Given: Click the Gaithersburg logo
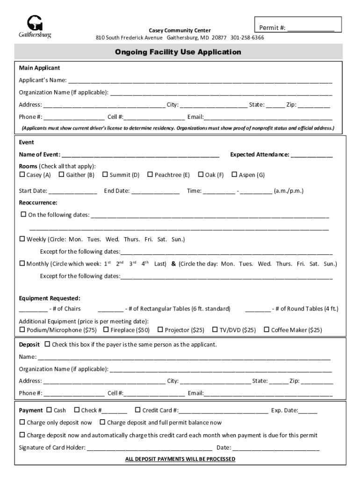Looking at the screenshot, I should click(35, 27).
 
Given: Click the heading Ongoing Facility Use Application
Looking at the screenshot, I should click(178, 52).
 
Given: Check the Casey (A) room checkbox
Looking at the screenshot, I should click(22, 174).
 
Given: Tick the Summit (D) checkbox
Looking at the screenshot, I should click(105, 174).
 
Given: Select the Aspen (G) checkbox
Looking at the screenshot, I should click(234, 174).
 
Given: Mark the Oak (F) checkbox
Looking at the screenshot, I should click(201, 174).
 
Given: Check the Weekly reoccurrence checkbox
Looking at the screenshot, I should click(22, 239).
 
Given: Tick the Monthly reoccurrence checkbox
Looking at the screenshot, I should click(22, 263).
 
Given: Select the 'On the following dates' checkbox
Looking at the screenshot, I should click(23, 215).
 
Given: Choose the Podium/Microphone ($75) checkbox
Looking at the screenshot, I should click(22, 330).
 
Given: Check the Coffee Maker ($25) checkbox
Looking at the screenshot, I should click(266, 330).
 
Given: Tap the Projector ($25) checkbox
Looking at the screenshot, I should click(160, 330).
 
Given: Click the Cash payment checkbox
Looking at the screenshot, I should click(49, 410).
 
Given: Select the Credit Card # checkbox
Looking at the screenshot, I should click(138, 410).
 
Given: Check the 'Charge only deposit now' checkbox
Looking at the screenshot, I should click(22, 422).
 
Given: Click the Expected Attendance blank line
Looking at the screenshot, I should click(312, 155).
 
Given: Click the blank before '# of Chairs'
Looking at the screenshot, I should click(33, 309).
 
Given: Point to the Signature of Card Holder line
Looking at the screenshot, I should click(150, 448).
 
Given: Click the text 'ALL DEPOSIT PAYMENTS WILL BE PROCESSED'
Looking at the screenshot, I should click(180, 459).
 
